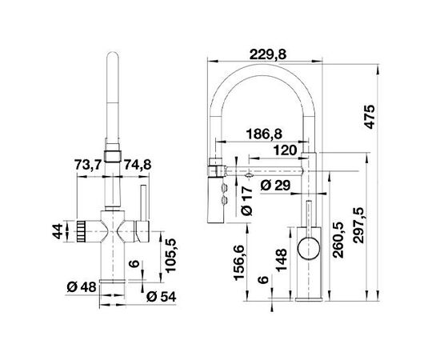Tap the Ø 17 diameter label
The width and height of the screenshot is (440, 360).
pyautogui.click(x=245, y=200)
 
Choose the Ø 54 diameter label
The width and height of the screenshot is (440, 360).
pyautogui.click(x=162, y=298)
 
